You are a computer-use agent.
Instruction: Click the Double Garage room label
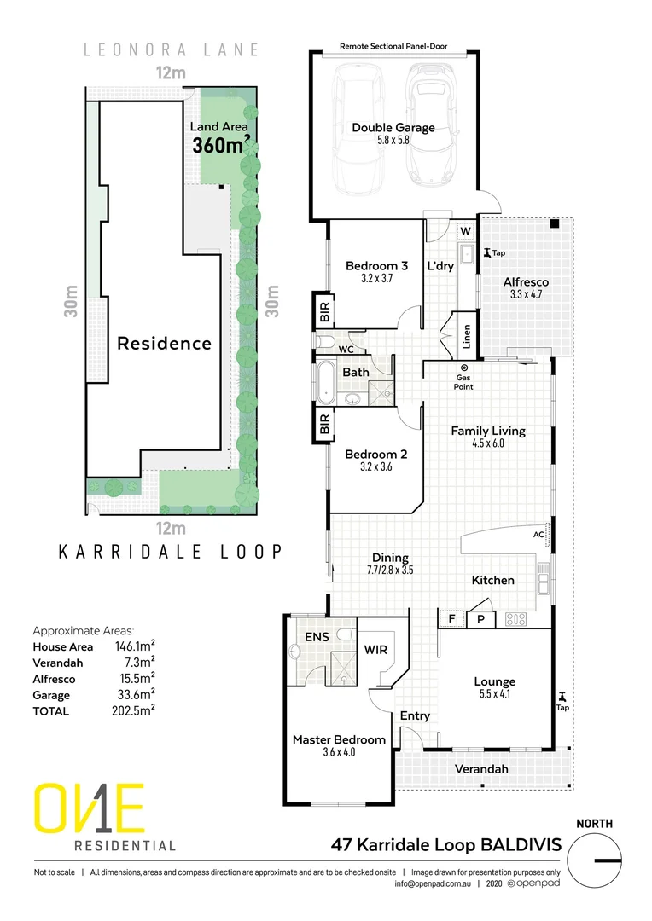pos(393,128)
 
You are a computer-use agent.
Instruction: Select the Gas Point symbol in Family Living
pos(463,368)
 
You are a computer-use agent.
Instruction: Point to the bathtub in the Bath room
pos(328,382)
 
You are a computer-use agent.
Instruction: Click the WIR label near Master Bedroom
pos(375,650)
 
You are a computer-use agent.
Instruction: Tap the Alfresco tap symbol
pos(487,252)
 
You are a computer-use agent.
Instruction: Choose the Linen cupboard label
pos(466,338)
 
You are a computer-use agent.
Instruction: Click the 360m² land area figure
pos(220,144)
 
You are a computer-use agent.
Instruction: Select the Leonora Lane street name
pos(170,50)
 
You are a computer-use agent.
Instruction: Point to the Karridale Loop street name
pos(170,552)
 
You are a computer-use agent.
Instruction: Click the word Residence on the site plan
pos(164,344)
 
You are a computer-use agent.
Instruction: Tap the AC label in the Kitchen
pos(538,536)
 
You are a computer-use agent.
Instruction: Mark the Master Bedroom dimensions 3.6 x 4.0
pos(339,753)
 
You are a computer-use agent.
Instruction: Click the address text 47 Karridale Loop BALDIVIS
pos(445,845)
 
